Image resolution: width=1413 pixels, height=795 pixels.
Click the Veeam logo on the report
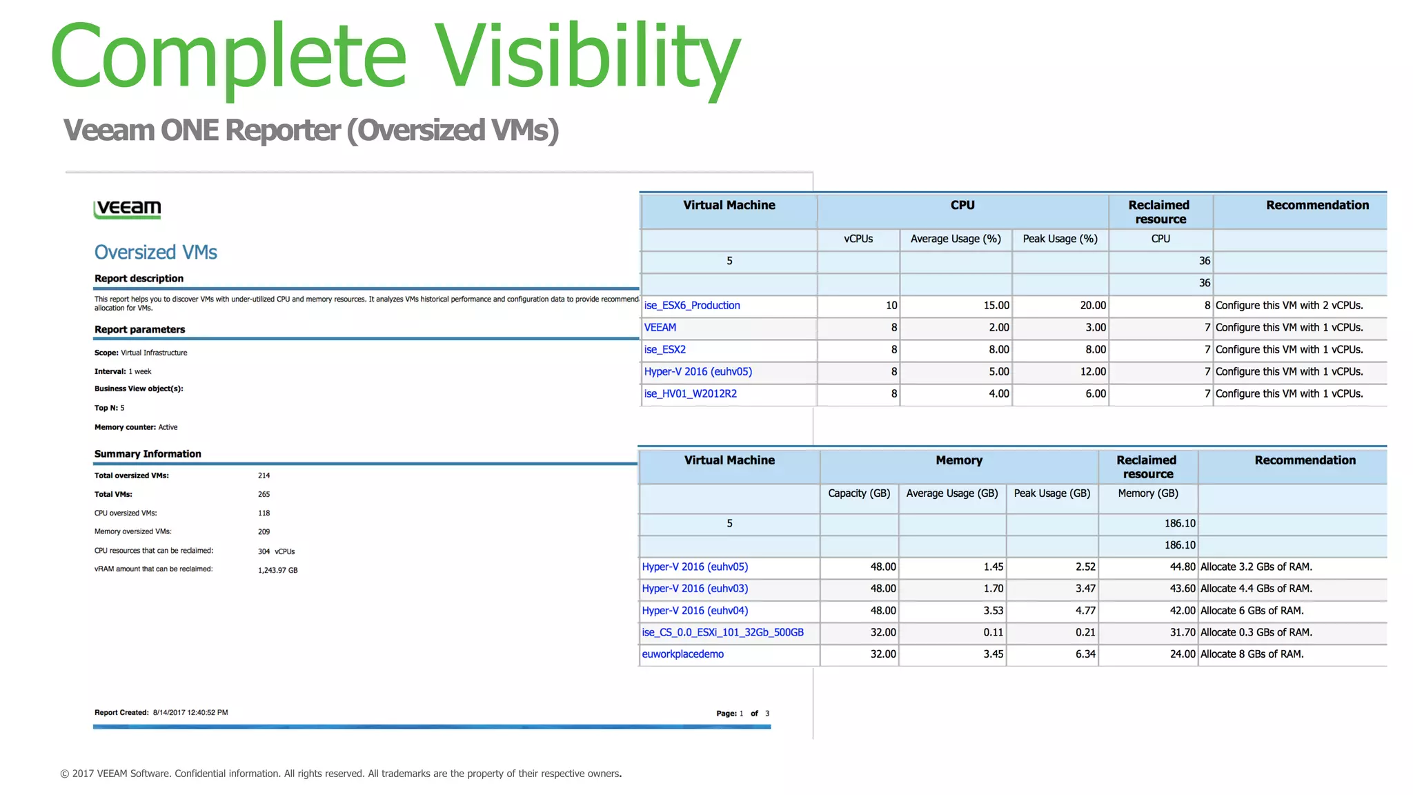(x=128, y=208)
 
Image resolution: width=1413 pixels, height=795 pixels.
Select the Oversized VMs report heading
(x=156, y=253)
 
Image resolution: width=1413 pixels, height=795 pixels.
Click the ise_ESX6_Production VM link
(x=691, y=305)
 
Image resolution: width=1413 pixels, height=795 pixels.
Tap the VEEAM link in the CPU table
(x=660, y=327)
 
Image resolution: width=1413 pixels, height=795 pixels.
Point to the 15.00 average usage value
(x=996, y=305)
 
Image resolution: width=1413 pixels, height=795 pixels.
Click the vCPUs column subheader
(x=858, y=239)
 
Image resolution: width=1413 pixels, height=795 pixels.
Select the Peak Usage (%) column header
(x=1060, y=239)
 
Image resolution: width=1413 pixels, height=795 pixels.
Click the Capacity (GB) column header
(x=859, y=493)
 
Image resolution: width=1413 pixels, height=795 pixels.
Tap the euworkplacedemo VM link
(x=682, y=654)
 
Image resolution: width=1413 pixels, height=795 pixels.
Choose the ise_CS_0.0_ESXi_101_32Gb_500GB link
(x=722, y=632)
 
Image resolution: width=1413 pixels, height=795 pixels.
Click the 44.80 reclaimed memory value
(x=1183, y=567)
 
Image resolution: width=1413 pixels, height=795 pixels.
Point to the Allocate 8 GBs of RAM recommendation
(x=1252, y=654)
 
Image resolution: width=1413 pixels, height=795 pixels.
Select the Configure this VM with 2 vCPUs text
(x=1289, y=305)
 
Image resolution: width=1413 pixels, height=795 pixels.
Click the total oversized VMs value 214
(x=264, y=475)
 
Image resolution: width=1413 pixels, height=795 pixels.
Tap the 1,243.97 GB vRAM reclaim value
(x=277, y=570)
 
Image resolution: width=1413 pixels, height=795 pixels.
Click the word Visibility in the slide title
(x=587, y=57)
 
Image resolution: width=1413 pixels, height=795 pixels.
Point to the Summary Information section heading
(x=148, y=454)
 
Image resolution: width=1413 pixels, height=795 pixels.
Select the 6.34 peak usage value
(x=1085, y=654)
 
